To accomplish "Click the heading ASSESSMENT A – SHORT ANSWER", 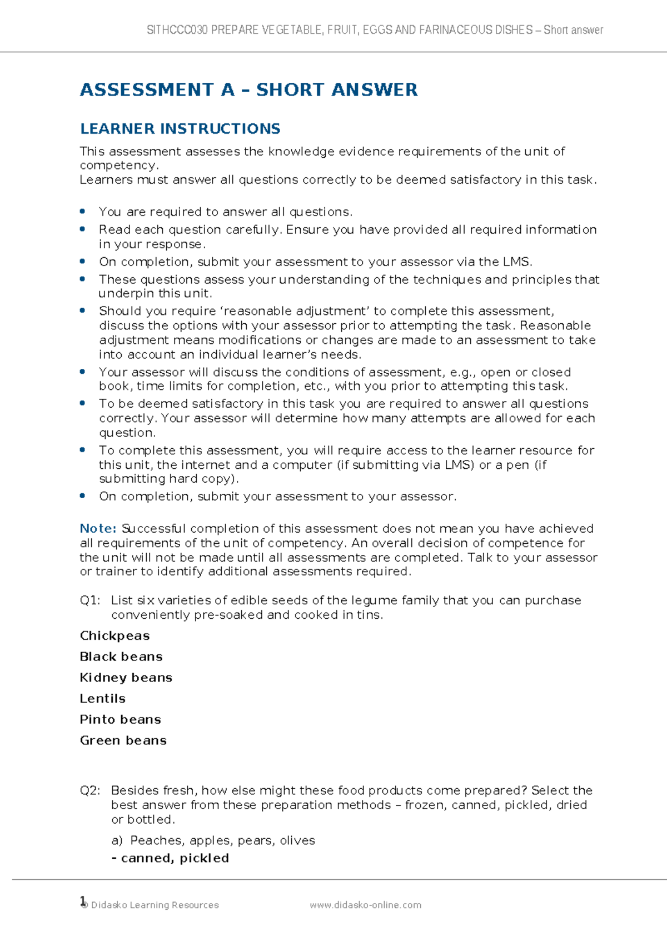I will point(248,90).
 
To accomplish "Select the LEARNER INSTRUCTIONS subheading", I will point(180,129).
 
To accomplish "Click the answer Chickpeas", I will point(115,636).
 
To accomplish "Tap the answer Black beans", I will point(121,657).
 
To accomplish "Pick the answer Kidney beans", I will point(126,678).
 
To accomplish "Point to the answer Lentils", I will point(102,699).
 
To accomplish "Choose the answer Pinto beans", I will point(120,720).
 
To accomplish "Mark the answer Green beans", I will point(123,741).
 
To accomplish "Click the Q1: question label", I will point(90,600).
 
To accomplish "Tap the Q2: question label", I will point(90,790).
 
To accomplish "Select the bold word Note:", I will point(98,529).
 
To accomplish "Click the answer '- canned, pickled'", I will point(170,858).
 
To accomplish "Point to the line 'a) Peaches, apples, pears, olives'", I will point(213,840).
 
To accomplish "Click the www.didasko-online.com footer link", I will point(365,905).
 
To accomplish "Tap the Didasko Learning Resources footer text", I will point(155,905).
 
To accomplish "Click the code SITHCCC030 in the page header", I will point(177,30).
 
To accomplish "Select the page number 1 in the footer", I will point(83,900).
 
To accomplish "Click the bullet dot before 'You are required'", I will point(82,211).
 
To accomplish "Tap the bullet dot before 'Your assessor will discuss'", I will point(82,372).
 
